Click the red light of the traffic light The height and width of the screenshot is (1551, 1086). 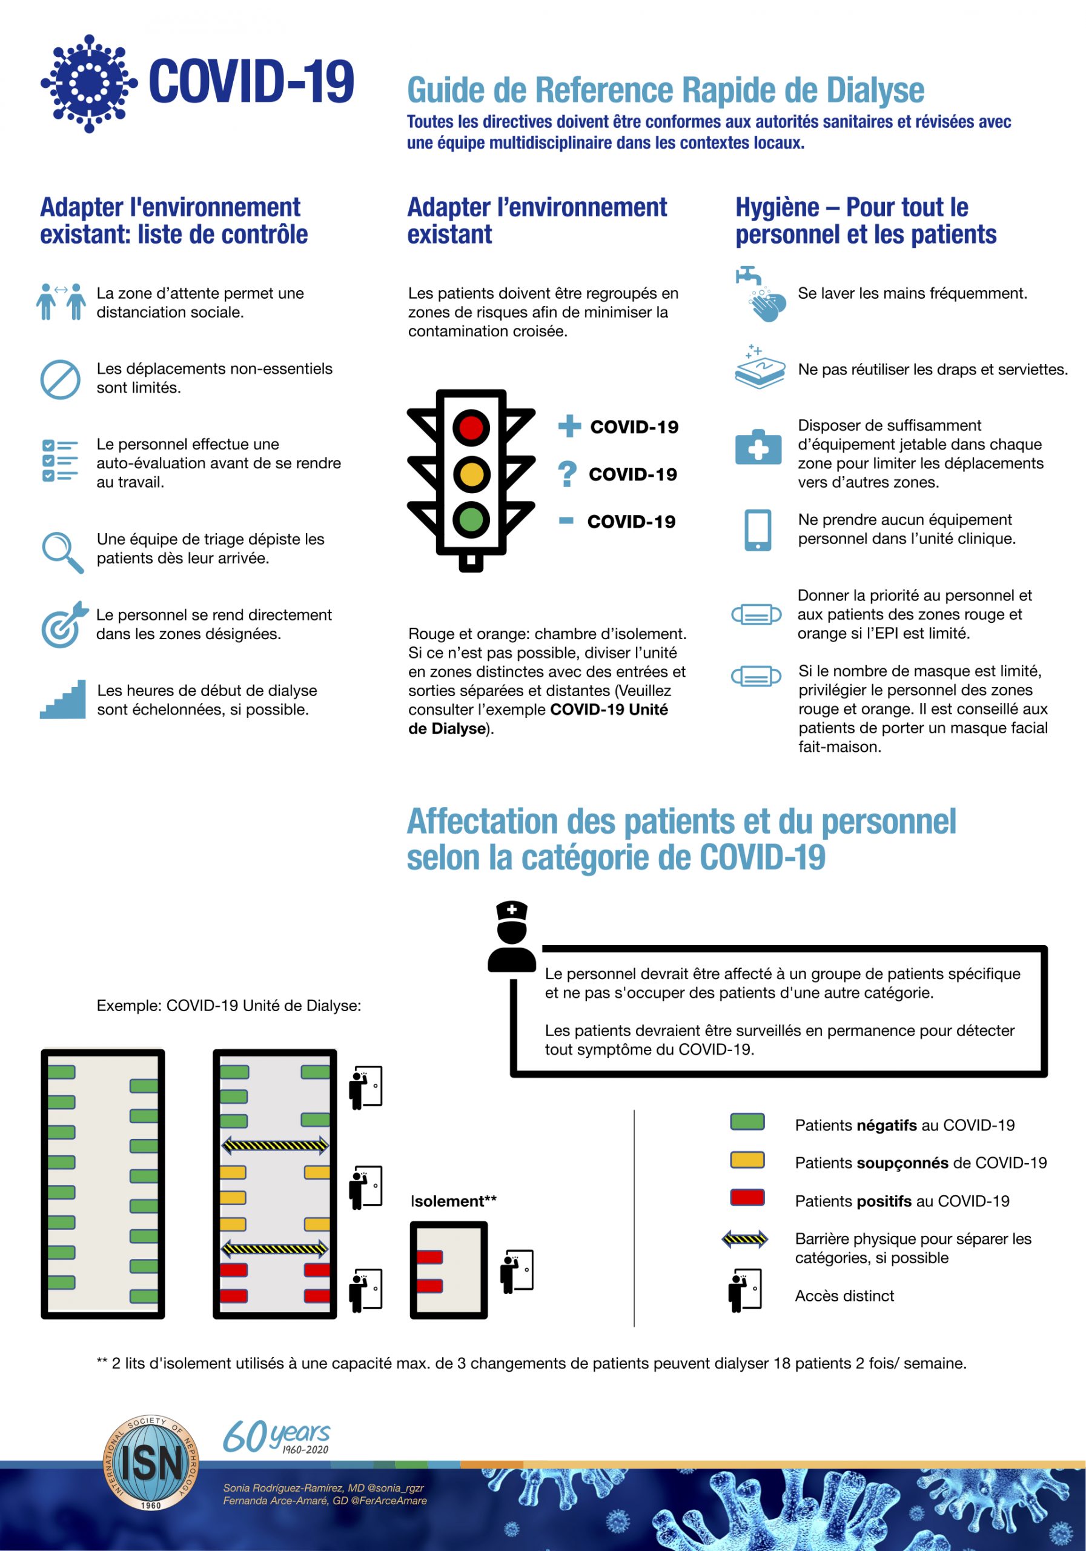coord(471,427)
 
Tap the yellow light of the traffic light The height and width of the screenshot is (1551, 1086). coord(471,474)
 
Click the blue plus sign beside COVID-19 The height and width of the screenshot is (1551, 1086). coord(569,427)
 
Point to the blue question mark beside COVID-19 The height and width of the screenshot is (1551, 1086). coord(568,474)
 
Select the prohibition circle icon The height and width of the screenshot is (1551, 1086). coord(60,379)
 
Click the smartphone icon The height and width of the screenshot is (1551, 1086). coord(757,530)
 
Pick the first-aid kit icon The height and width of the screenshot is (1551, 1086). coord(757,447)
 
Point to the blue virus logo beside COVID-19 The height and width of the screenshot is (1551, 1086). coord(89,83)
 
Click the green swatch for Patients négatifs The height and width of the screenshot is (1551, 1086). coord(747,1122)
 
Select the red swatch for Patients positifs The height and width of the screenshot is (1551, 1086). coord(747,1198)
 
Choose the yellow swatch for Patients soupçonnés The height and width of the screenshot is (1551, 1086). coord(747,1160)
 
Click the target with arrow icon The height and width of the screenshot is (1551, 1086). coord(63,625)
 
